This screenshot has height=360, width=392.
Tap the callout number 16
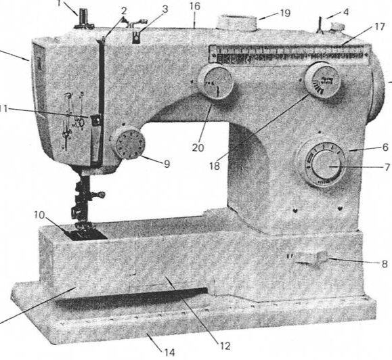tap(195, 6)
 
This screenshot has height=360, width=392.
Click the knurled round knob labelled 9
tap(127, 144)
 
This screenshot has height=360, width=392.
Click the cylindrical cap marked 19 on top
tap(235, 23)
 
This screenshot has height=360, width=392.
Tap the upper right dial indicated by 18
tap(322, 81)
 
